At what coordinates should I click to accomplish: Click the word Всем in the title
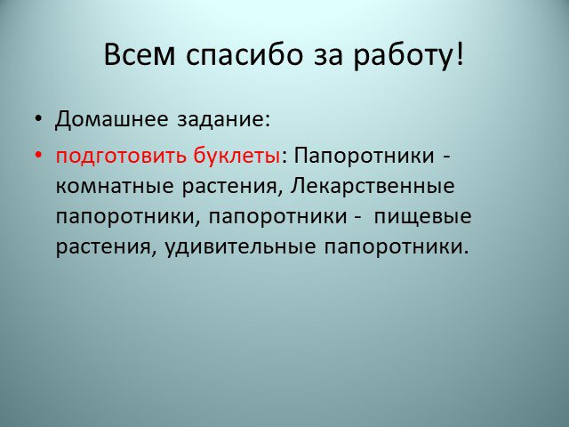(x=140, y=54)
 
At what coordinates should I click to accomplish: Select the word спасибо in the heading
(x=244, y=55)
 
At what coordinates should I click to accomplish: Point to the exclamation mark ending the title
(x=460, y=53)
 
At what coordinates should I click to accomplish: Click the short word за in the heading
(x=328, y=58)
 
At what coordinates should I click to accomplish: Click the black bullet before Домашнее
(x=38, y=118)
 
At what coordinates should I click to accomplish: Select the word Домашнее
(x=112, y=119)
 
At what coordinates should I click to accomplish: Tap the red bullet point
(x=38, y=156)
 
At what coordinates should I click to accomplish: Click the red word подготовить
(x=122, y=157)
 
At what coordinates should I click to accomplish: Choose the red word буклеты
(x=236, y=156)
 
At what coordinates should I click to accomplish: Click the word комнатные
(x=115, y=187)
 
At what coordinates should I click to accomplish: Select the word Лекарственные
(x=373, y=187)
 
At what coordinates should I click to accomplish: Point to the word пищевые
(x=423, y=217)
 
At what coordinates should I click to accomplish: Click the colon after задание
(x=268, y=121)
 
